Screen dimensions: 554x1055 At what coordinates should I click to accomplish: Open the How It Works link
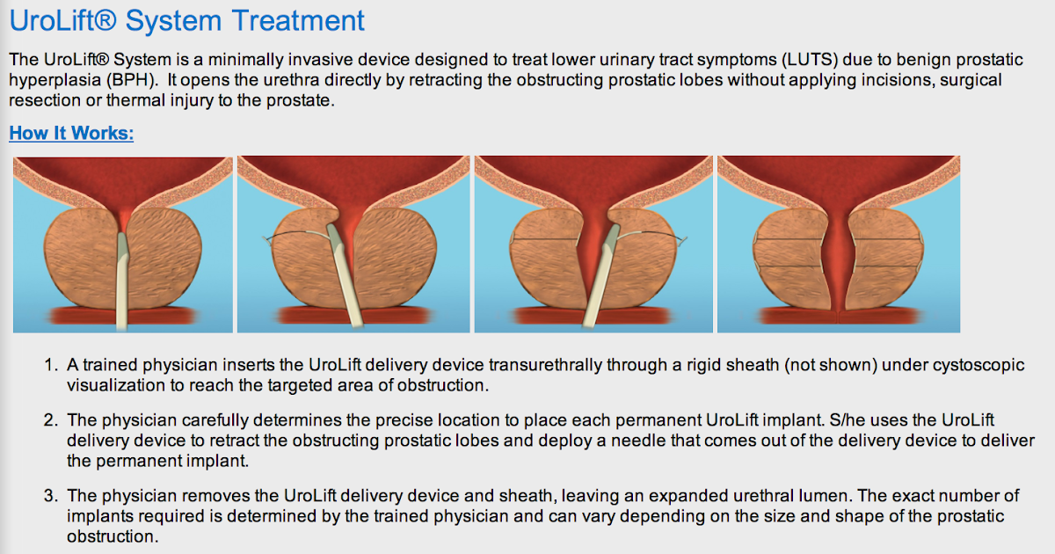point(71,134)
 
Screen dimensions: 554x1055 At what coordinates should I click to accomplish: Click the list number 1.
point(50,365)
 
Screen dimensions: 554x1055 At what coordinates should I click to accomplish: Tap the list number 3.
point(50,495)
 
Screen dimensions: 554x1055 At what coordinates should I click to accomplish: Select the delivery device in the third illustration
point(597,281)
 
